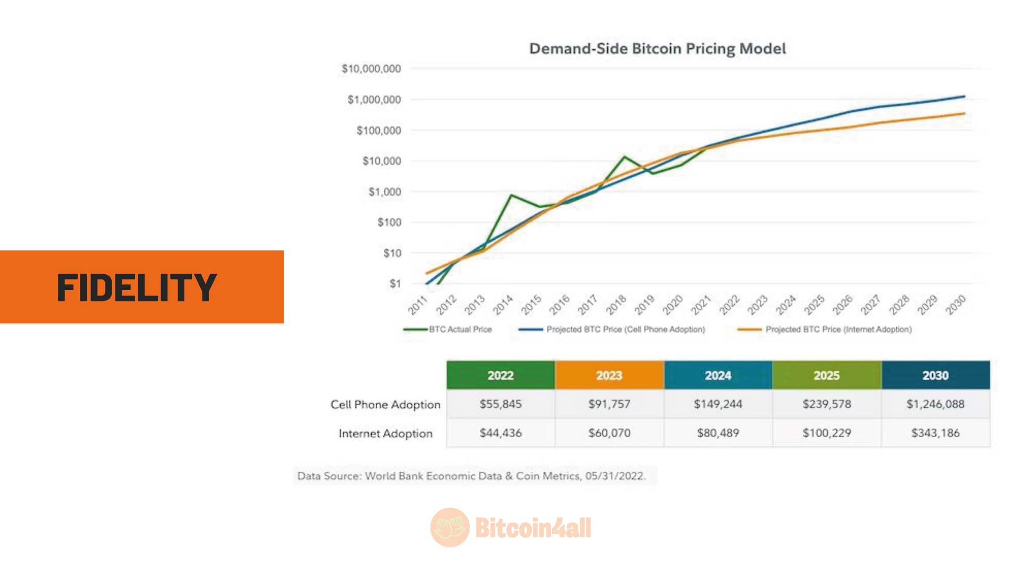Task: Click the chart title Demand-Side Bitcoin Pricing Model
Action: tap(657, 48)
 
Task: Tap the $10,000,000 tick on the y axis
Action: tap(371, 69)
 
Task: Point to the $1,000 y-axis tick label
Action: tap(384, 192)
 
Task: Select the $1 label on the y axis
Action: tap(395, 284)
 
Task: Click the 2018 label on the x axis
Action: tap(616, 305)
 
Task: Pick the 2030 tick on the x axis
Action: tap(955, 305)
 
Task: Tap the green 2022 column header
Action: tap(500, 376)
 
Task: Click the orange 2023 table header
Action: tap(609, 376)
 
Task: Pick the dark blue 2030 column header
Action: tap(935, 376)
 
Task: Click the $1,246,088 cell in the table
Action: tap(935, 404)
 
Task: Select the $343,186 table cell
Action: tap(935, 433)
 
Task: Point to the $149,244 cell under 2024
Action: tap(718, 404)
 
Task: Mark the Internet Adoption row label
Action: tap(386, 433)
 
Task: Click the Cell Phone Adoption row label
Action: tap(386, 404)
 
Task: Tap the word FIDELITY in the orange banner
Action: tap(136, 287)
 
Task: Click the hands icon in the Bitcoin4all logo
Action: tap(450, 527)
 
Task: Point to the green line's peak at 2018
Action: tap(624, 156)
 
